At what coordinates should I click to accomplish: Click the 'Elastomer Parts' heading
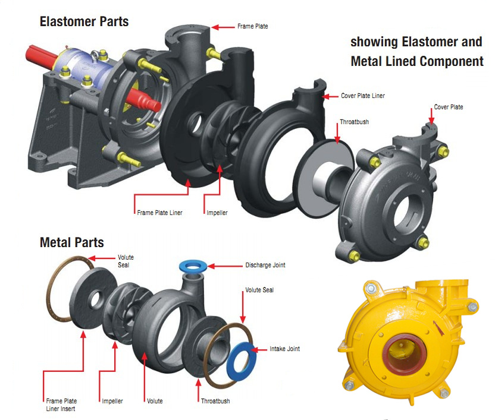pyautogui.click(x=84, y=23)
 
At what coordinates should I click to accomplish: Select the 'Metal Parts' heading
pyautogui.click(x=71, y=242)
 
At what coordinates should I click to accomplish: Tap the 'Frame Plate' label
pyautogui.click(x=253, y=27)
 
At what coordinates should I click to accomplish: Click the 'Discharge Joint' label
pyautogui.click(x=265, y=265)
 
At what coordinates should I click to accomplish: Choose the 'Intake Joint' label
pyautogui.click(x=285, y=349)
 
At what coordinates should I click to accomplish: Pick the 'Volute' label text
pyautogui.click(x=155, y=401)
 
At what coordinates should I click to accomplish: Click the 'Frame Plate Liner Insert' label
pyautogui.click(x=61, y=405)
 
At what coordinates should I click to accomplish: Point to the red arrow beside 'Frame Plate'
pyautogui.click(x=224, y=27)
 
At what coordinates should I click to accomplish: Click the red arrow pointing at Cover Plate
pyautogui.click(x=431, y=116)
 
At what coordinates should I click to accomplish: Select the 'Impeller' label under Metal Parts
pyautogui.click(x=112, y=401)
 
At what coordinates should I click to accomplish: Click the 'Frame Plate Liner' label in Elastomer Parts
pyautogui.click(x=159, y=212)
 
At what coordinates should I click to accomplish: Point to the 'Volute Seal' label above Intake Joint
pyautogui.click(x=259, y=290)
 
